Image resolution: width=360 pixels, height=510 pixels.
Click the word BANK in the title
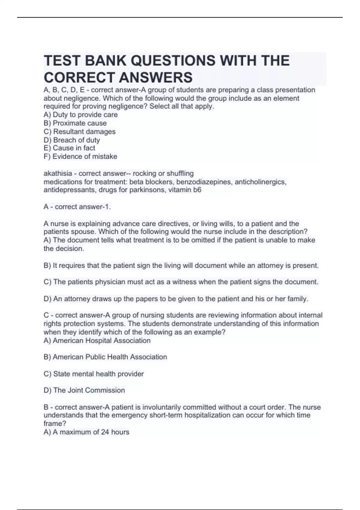click(x=105, y=61)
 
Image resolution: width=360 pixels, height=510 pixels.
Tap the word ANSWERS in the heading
click(x=156, y=78)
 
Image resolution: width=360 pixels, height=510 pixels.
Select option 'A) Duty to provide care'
click(x=80, y=115)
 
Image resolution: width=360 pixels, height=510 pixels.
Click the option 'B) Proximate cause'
click(x=75, y=123)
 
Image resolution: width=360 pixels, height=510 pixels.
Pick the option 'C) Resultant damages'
click(x=79, y=131)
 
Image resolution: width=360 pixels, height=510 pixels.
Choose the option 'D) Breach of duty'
click(x=72, y=140)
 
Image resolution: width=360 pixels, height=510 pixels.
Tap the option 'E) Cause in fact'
click(x=69, y=148)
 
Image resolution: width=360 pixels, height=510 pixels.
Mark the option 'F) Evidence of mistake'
click(x=80, y=156)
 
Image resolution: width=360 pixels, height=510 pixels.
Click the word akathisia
click(x=58, y=173)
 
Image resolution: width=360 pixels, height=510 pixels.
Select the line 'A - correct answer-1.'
click(x=77, y=207)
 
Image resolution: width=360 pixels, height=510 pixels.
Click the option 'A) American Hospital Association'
click(x=97, y=340)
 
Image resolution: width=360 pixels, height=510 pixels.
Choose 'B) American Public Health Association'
click(x=105, y=357)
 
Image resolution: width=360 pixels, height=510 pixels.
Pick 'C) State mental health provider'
click(x=94, y=374)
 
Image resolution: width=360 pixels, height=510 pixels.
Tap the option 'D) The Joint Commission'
click(x=84, y=390)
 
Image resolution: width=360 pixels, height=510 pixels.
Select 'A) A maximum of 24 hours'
click(x=86, y=432)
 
